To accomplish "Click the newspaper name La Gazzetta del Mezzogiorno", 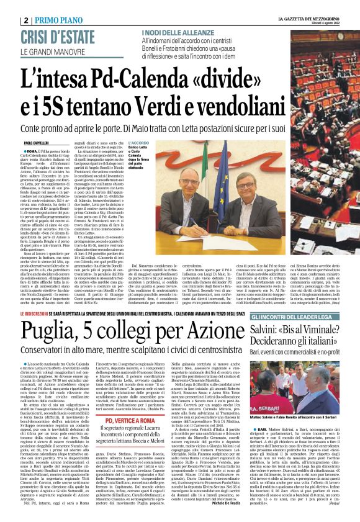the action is pyautogui.click(x=308, y=19).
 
